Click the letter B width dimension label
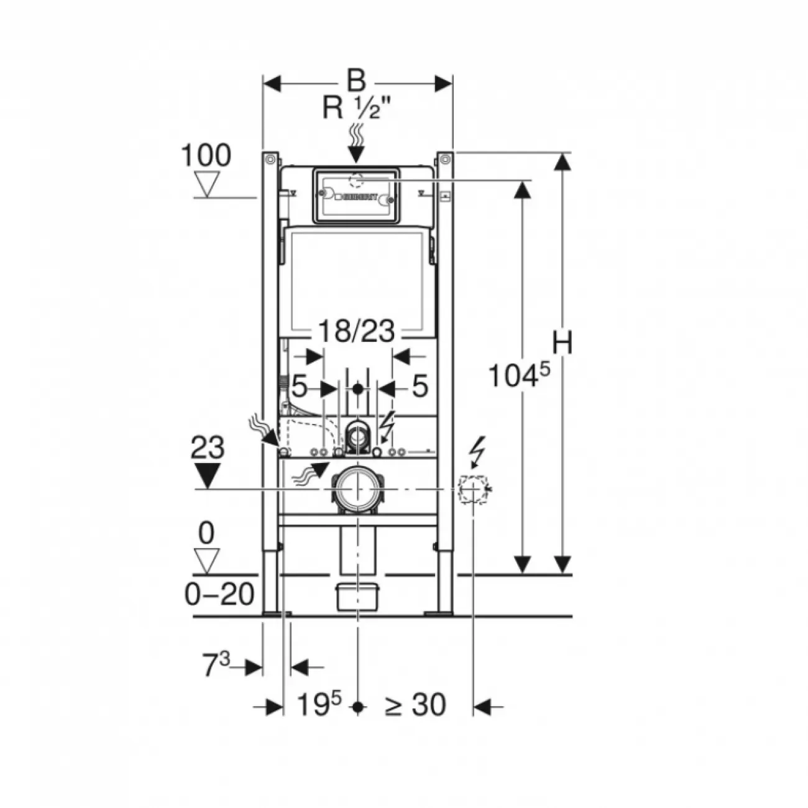[x=356, y=80]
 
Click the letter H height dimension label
[x=562, y=344]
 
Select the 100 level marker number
[x=206, y=155]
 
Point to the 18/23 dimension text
[x=356, y=331]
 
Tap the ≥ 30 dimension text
[x=415, y=705]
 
